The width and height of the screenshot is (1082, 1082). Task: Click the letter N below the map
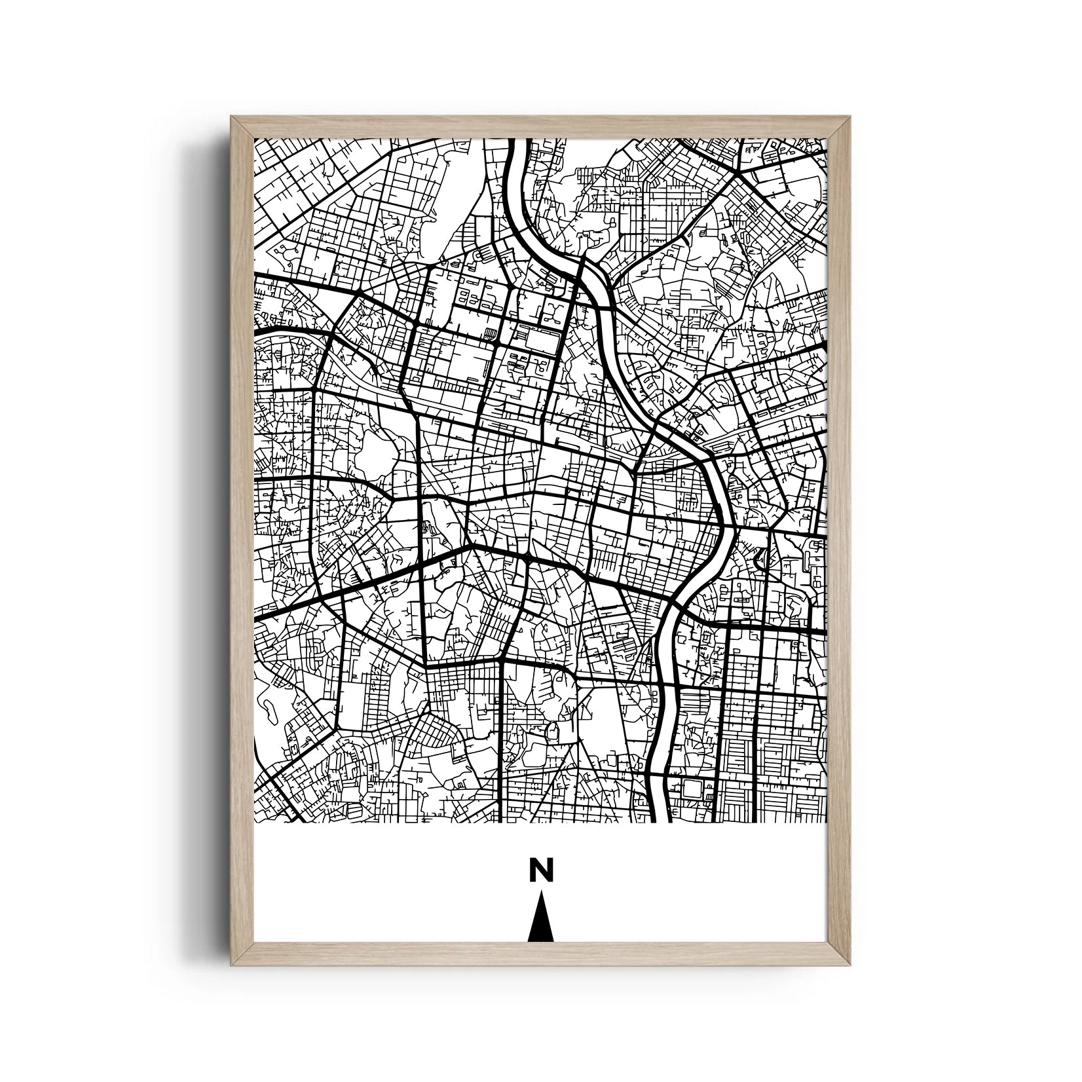point(541,870)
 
